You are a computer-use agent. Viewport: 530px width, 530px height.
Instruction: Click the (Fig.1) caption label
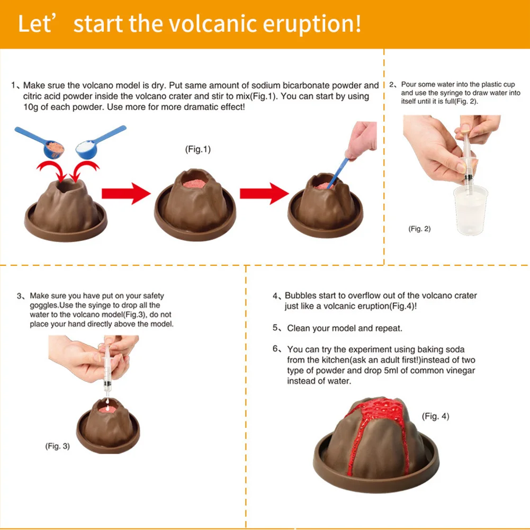click(x=197, y=149)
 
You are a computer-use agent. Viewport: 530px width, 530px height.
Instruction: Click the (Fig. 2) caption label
click(x=419, y=229)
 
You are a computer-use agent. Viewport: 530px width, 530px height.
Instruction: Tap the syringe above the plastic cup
click(x=465, y=159)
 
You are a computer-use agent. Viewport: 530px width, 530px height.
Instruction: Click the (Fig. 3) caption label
click(x=57, y=446)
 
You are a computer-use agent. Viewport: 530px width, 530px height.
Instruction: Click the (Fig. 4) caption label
click(x=435, y=416)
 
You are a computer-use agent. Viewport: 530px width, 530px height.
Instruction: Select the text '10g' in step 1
click(x=30, y=107)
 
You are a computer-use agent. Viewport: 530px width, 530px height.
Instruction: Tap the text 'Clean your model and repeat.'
click(x=345, y=328)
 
